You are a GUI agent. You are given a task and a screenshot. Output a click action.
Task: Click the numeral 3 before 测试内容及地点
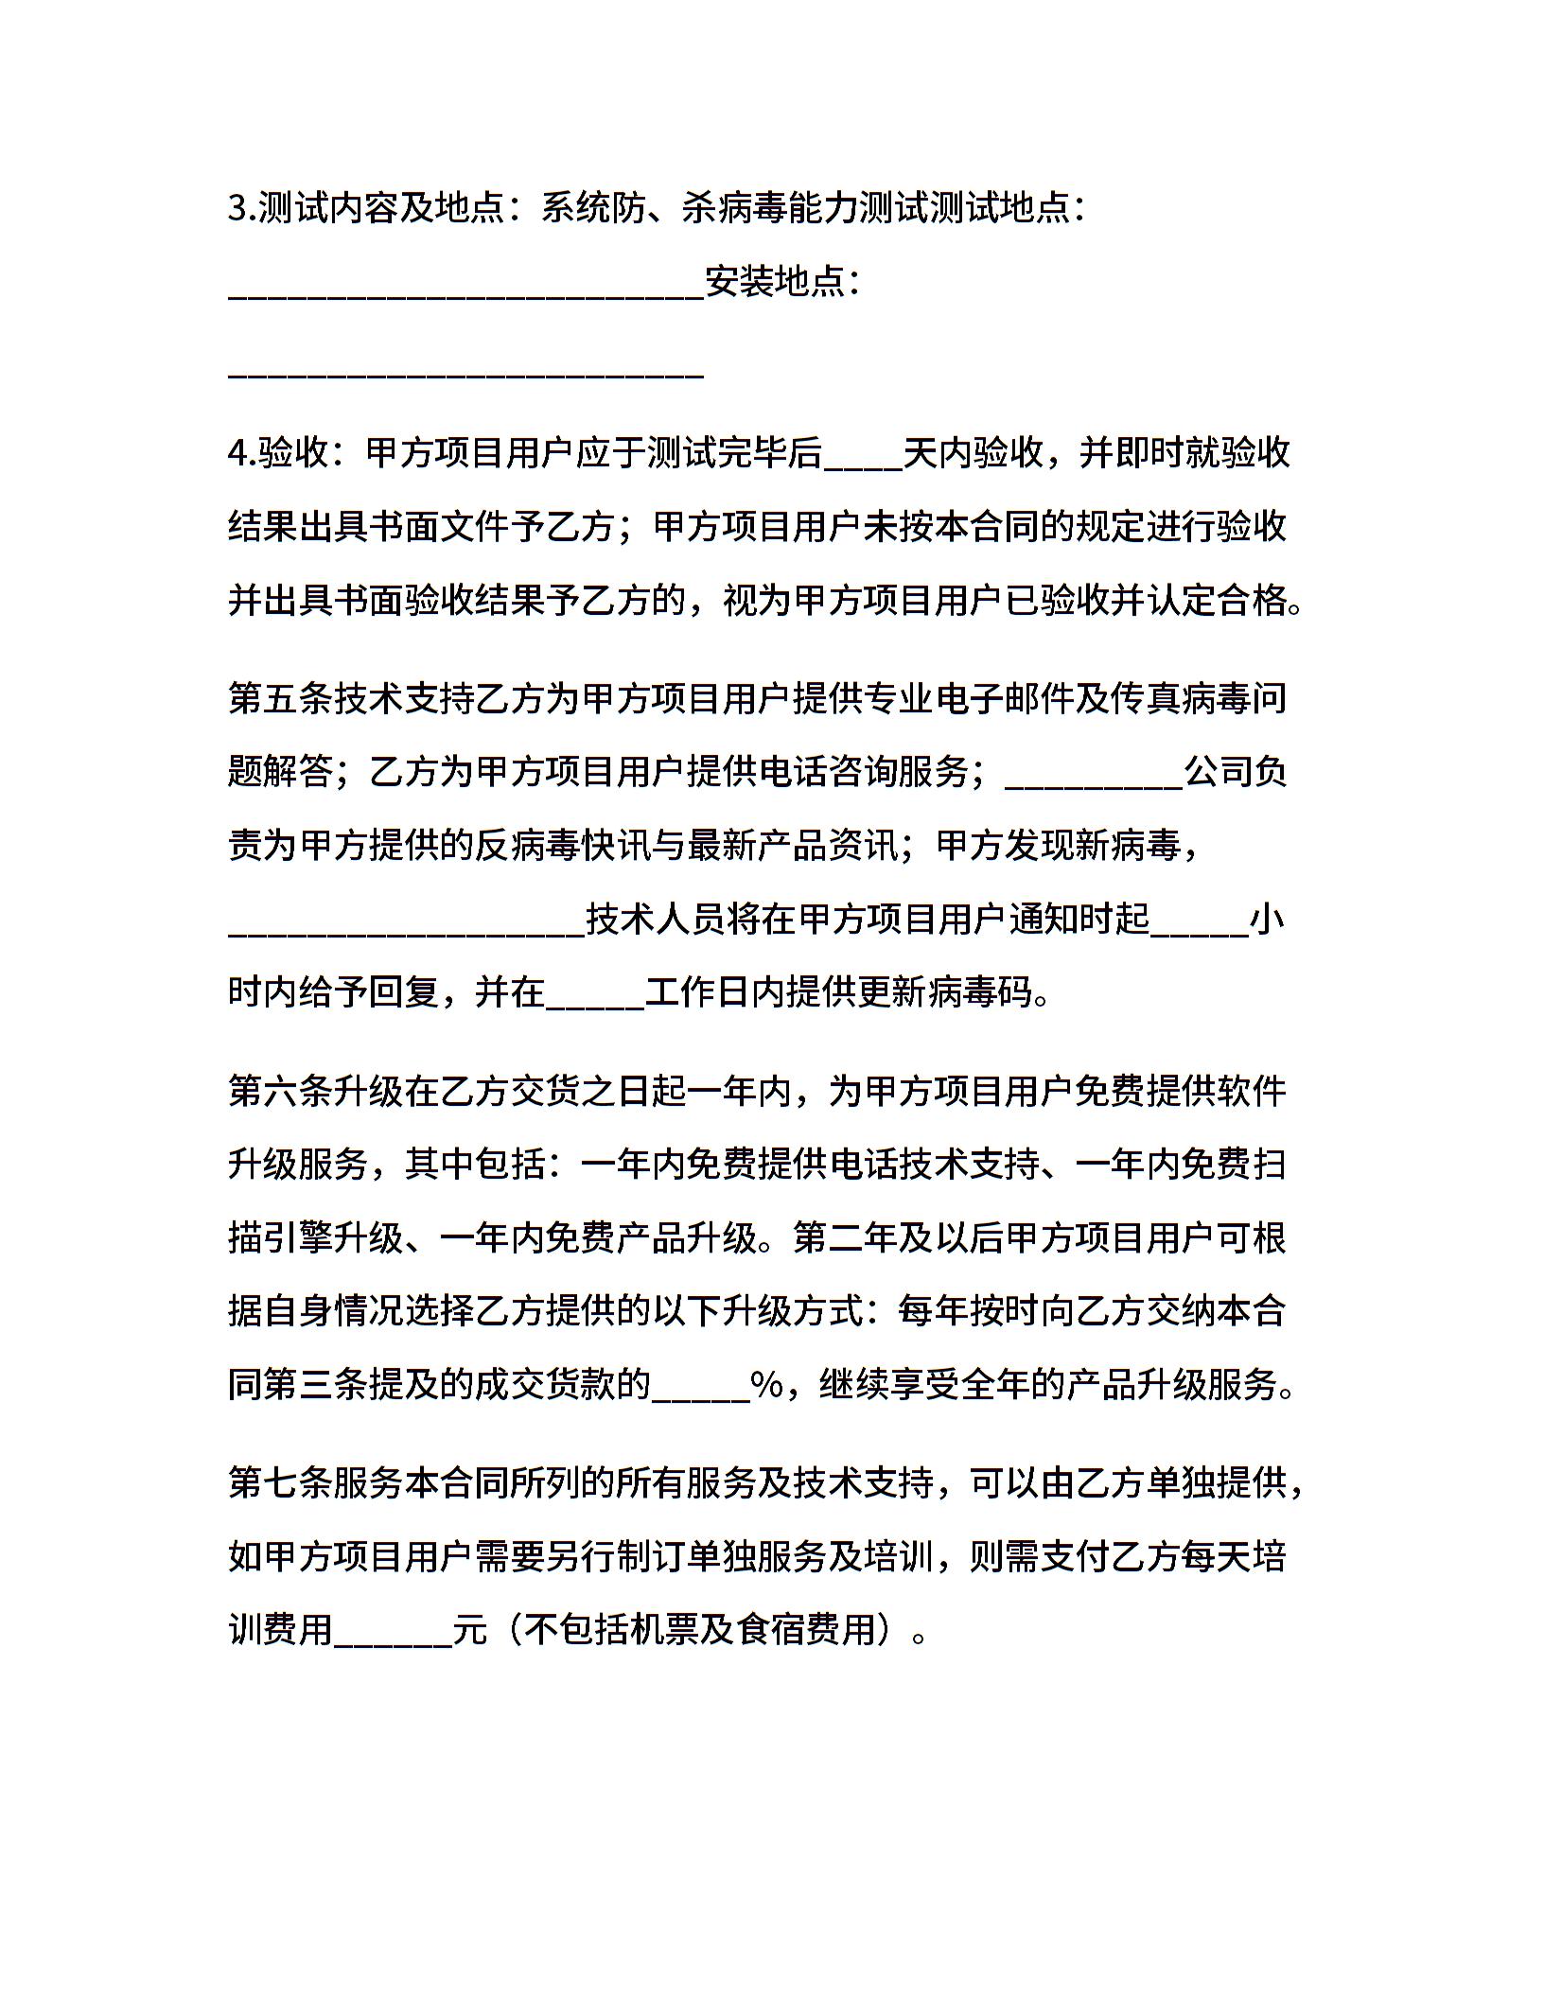[x=237, y=208]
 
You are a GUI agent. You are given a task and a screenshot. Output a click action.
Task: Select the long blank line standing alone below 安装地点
[x=466, y=375]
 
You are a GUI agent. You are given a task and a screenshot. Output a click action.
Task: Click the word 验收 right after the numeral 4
[x=292, y=453]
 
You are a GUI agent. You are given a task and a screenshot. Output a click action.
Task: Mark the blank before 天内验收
[x=863, y=464]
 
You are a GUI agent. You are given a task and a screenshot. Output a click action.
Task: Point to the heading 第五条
[x=280, y=698]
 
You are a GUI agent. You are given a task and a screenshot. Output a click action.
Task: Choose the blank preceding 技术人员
[x=407, y=931]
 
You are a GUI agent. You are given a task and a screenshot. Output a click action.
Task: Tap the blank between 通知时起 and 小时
[x=1200, y=931]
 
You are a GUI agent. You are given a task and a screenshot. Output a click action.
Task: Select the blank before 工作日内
[x=595, y=1005]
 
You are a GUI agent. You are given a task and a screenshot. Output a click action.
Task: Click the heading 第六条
[x=280, y=1091]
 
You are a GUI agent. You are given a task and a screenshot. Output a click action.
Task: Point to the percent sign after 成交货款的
[x=766, y=1386]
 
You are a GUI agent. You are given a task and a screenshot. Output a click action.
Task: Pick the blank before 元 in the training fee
[x=394, y=1642]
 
